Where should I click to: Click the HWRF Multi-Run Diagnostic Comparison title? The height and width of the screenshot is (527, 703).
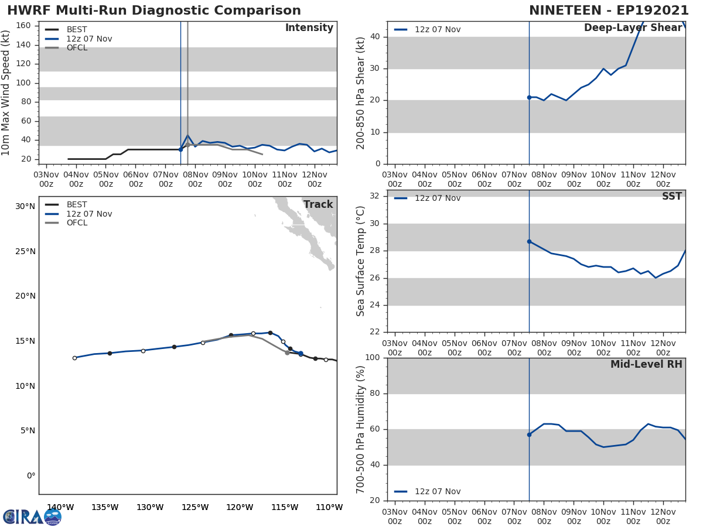tap(153, 11)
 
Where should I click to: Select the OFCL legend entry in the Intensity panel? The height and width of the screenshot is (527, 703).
tap(77, 48)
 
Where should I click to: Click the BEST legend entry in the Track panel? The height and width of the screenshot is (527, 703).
tap(77, 205)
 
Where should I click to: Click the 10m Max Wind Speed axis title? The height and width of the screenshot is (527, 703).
tap(6, 93)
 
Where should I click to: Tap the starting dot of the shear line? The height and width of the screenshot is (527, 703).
tap(529, 97)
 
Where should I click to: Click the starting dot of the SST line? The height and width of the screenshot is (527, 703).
tap(529, 241)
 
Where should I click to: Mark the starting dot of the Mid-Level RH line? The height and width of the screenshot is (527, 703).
tap(529, 434)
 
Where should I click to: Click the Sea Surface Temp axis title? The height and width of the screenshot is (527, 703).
tap(361, 261)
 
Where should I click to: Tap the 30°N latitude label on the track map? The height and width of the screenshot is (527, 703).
tap(25, 206)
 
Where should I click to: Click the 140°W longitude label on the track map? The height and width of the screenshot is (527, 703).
tap(60, 507)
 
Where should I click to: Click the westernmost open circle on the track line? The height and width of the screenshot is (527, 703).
tap(74, 358)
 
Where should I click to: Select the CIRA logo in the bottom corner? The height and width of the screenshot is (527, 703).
tap(32, 516)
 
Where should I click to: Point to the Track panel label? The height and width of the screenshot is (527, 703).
tap(318, 205)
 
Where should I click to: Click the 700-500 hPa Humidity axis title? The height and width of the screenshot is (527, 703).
tap(361, 429)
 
